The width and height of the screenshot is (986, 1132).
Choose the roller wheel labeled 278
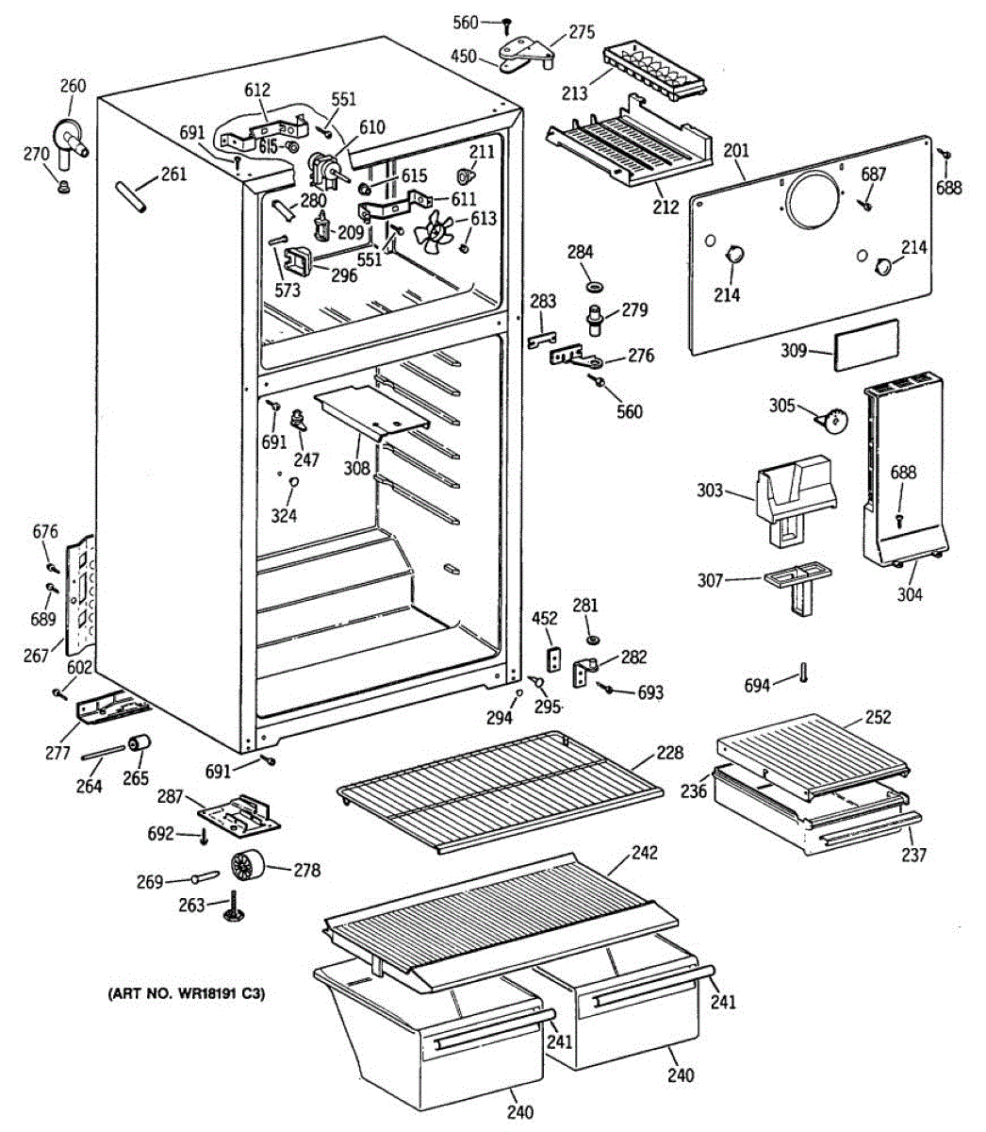(248, 865)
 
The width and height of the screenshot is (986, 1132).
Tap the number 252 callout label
(878, 717)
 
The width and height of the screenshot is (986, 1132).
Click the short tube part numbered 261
(130, 199)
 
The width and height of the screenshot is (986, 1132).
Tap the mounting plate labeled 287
(241, 815)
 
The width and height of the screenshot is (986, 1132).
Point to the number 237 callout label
(913, 855)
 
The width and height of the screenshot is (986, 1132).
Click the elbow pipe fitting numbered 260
(68, 137)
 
